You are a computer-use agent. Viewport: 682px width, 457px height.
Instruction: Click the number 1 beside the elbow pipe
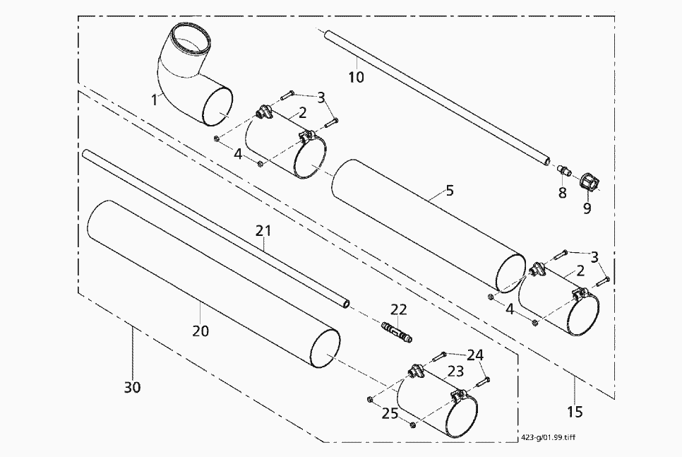[x=154, y=100]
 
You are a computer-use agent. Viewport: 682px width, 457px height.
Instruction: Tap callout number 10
[x=357, y=76]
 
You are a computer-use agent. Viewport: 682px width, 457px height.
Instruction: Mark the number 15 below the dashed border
[x=575, y=410]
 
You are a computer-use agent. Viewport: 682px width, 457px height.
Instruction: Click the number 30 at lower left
[x=132, y=387]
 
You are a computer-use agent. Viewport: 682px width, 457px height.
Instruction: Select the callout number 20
[x=201, y=330]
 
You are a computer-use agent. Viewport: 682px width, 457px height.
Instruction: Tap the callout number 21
[x=263, y=230]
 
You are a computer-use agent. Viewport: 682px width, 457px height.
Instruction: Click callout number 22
[x=399, y=309]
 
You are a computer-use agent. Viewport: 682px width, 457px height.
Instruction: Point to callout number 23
[x=455, y=369]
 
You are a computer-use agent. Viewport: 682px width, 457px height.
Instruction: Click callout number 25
[x=390, y=413]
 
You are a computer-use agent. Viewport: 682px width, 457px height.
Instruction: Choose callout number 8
[x=562, y=192]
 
